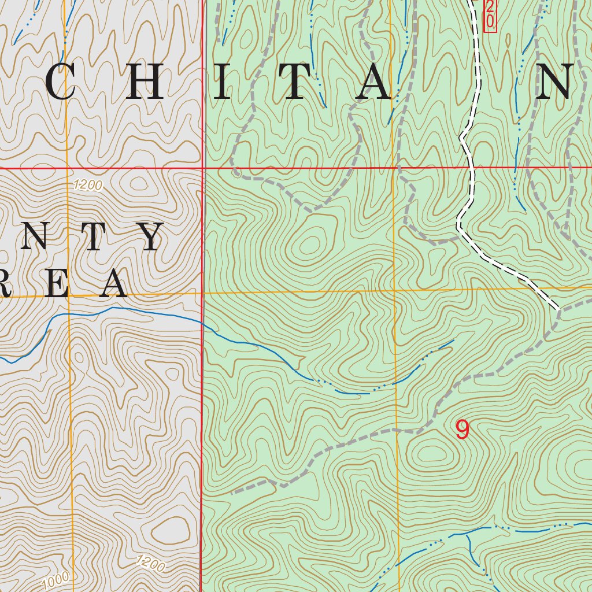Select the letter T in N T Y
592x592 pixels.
(92, 237)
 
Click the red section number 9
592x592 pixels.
(462, 430)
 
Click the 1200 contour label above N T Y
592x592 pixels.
(88, 186)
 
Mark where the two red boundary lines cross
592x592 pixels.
(203, 168)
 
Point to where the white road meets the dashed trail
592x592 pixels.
(558, 309)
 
